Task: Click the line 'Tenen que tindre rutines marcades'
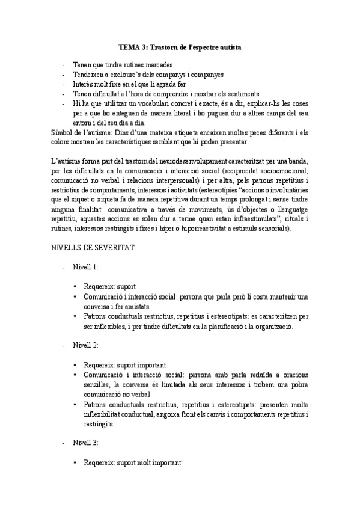(x=123, y=64)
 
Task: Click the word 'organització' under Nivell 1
(x=285, y=326)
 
